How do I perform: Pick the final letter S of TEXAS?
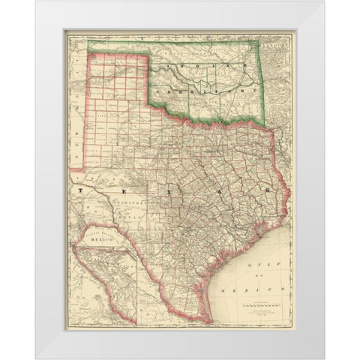click(x=266, y=192)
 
